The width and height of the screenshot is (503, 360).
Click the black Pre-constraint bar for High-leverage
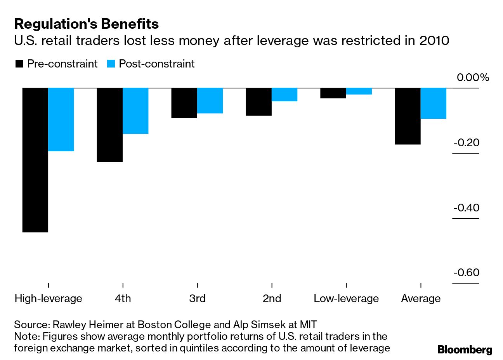point(35,160)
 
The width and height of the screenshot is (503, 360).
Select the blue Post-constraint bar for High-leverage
point(61,119)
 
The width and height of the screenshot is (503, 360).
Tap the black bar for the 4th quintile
point(110,125)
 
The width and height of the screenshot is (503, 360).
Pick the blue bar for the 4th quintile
point(135,111)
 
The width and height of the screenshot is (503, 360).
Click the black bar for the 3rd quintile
point(184,103)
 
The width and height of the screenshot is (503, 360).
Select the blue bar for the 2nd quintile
point(284,95)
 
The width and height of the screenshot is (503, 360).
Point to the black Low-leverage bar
point(333,93)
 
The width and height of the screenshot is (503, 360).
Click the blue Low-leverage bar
point(359,91)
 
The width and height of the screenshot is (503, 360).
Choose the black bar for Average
point(408,116)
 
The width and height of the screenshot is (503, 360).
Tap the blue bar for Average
point(434,103)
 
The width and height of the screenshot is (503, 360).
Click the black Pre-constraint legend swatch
point(19,64)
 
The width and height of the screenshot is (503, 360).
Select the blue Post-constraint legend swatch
point(111,64)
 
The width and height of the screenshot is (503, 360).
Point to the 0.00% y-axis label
point(473,78)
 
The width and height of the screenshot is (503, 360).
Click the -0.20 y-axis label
point(467,143)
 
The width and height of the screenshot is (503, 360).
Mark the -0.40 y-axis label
point(467,208)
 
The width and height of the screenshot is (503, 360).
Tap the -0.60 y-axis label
point(467,273)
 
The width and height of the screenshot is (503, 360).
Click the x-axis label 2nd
point(272,299)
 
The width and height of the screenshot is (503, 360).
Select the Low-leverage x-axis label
point(346,299)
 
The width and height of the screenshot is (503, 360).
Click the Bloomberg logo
point(465,350)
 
